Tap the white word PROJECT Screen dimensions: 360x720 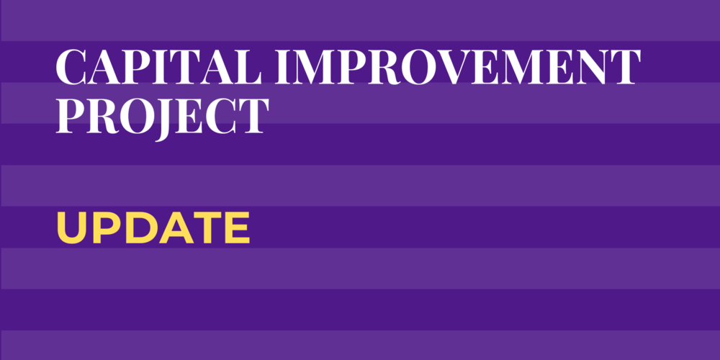point(162,115)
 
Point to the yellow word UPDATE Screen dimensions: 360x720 point(153,228)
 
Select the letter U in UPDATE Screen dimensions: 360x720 point(70,228)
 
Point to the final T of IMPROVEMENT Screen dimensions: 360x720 point(624,68)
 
